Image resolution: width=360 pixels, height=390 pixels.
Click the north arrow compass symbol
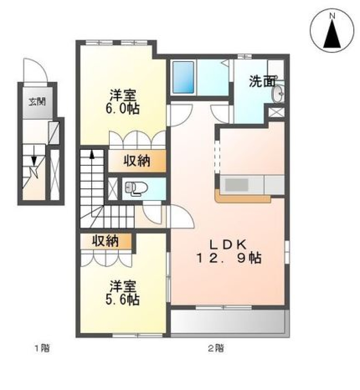click(x=332, y=31)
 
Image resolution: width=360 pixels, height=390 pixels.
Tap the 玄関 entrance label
click(x=37, y=102)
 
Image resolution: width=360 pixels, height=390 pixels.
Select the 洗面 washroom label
click(x=263, y=82)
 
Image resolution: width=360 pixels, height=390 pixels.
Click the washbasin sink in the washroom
click(x=278, y=94)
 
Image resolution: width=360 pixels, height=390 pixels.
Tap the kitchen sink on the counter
click(x=236, y=185)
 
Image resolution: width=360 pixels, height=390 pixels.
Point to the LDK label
click(x=227, y=245)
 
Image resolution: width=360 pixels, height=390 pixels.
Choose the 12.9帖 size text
click(x=227, y=259)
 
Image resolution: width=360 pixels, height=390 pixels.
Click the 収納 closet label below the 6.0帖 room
click(x=137, y=161)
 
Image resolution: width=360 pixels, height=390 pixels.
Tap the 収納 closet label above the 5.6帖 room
click(x=106, y=241)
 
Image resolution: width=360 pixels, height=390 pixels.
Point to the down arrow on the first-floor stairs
click(x=34, y=159)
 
